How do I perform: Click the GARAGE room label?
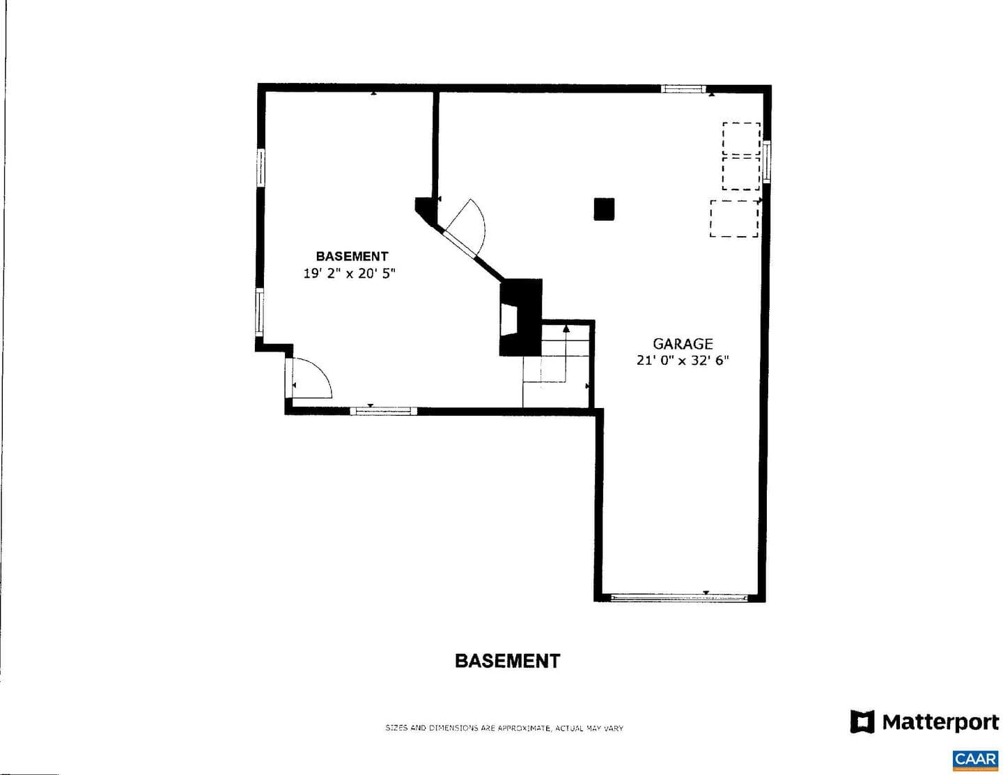[682, 344]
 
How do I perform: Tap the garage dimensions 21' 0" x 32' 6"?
[682, 360]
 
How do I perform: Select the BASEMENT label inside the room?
[352, 256]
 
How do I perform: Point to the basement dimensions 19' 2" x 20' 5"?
[350, 274]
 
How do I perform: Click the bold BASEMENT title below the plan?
[507, 661]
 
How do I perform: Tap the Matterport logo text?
[940, 722]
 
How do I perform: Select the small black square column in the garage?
[604, 209]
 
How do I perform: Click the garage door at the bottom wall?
[678, 598]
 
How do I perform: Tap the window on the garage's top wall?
[683, 89]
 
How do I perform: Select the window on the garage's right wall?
[767, 162]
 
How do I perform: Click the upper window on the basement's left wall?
[261, 167]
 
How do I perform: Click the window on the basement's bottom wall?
[384, 411]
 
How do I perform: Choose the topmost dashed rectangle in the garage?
[741, 139]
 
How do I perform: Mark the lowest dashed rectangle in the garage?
[734, 219]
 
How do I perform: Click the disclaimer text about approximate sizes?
[504, 728]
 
